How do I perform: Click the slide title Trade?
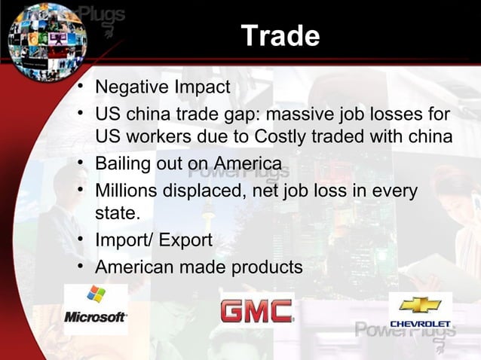[x=280, y=35]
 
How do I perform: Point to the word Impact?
[x=202, y=87]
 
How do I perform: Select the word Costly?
[x=284, y=139]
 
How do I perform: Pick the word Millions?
[x=125, y=191]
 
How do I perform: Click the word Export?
[x=185, y=240]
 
